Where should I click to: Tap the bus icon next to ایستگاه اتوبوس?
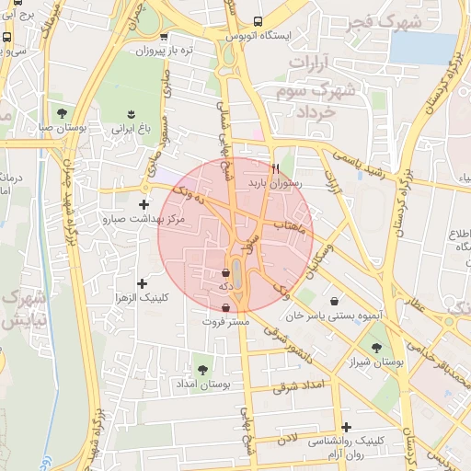pos(258,20)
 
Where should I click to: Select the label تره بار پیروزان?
pos(174,51)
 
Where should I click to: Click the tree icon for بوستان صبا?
pos(61,113)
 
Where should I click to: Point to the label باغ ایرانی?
pos(131,130)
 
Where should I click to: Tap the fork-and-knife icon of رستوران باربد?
pos(273,168)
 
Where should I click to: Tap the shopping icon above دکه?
pos(225,272)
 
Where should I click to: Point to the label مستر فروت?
pos(226,323)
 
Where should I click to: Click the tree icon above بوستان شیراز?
pos(377,347)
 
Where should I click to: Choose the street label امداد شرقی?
pos(301,385)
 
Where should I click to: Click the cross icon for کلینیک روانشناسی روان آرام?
pos(346,426)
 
